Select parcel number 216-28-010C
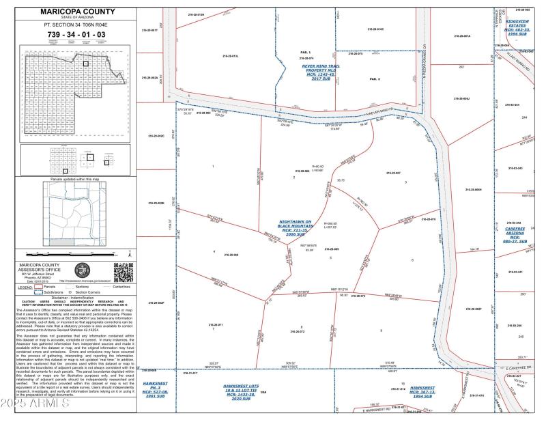coord(375,30)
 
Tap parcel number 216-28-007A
coord(462,36)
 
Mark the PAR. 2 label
coord(374,79)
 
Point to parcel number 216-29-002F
coord(156,302)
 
